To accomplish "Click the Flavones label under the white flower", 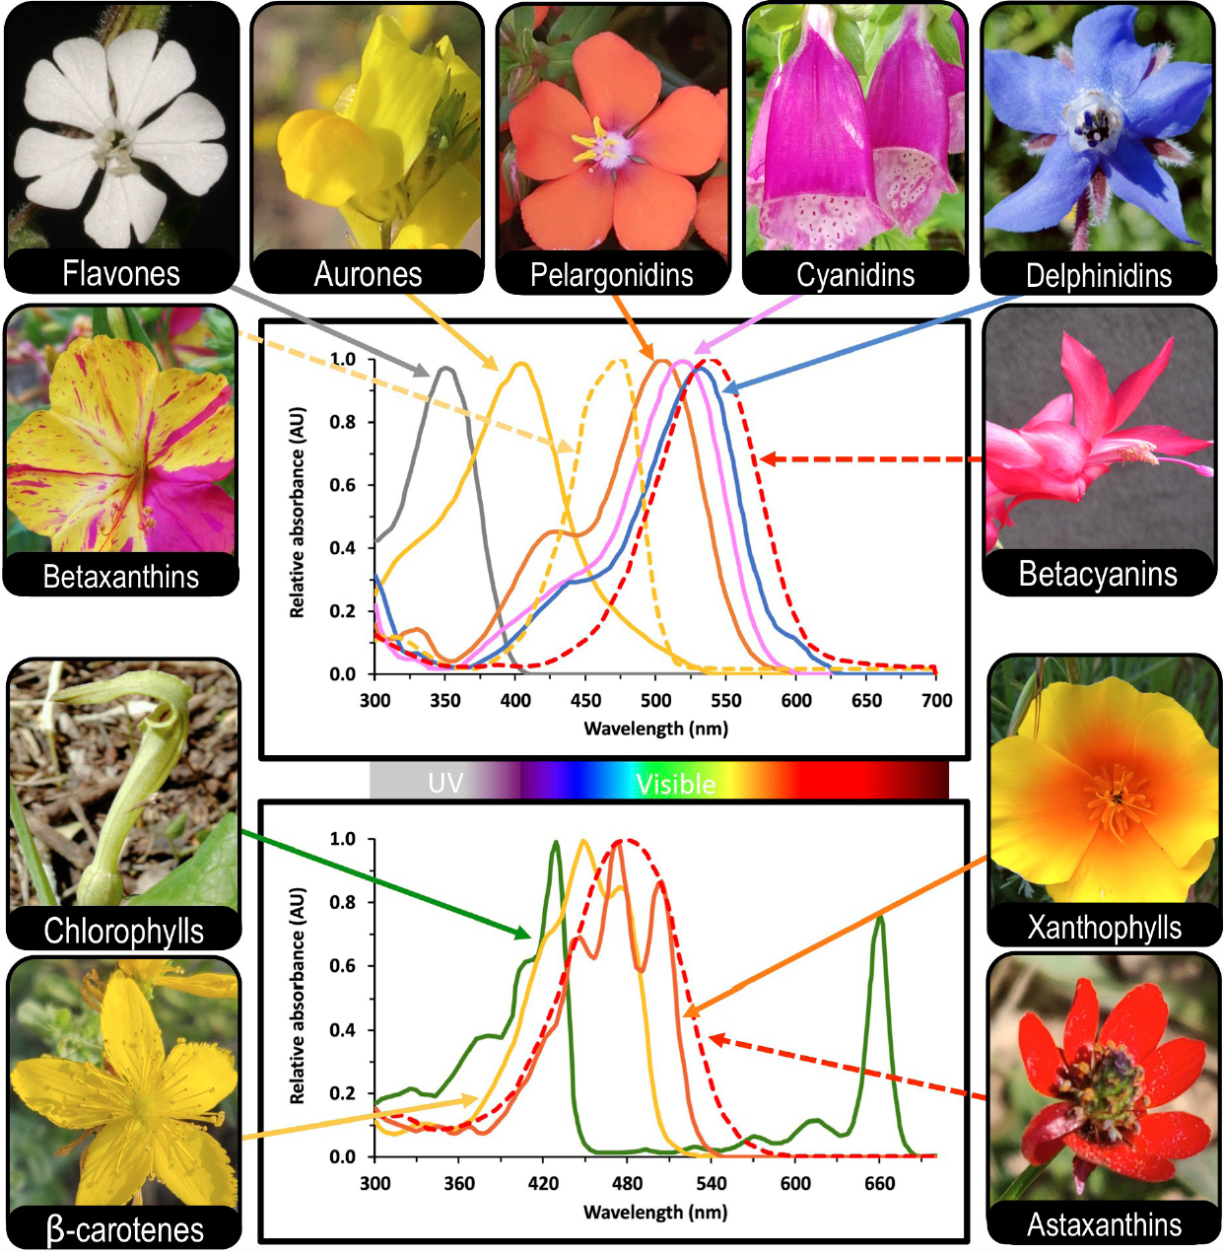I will pos(121,273).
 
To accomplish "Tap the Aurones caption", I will pos(368,274).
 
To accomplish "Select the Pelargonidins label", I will pos(611,275).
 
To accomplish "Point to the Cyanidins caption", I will pos(855,275).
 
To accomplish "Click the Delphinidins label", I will pos(1099,276).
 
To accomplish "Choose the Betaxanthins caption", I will pos(121,577).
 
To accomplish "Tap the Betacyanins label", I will pos(1098,574).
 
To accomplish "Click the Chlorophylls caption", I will pos(123,931).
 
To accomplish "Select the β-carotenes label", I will pos(124,1229).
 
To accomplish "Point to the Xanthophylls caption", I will pos(1104,928).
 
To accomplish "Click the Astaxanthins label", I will pos(1104,1224).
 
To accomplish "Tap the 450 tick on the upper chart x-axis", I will pos(585,700).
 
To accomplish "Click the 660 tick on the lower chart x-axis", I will pos(879,1183).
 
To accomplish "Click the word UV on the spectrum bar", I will pos(445,783).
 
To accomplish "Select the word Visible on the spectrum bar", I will pos(675,784).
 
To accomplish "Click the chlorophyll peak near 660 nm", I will pos(879,918).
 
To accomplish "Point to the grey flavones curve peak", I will pos(445,368).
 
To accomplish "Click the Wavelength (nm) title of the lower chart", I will pos(655,1212).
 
